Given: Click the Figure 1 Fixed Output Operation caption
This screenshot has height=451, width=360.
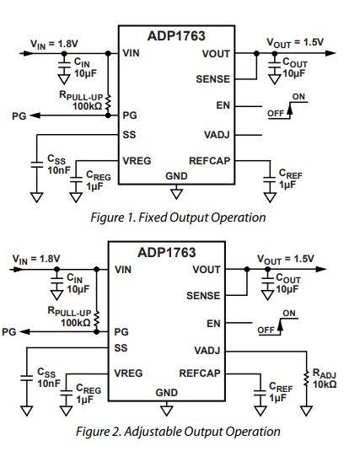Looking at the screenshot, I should click(180, 217).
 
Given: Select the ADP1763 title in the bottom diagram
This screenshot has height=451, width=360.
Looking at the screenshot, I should click(166, 252).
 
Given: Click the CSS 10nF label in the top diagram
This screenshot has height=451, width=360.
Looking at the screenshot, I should click(56, 164).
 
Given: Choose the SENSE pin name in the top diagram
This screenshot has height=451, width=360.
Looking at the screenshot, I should click(212, 78).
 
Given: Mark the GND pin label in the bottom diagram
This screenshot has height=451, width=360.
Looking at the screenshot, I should click(166, 392).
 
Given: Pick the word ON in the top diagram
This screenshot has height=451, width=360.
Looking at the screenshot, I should click(298, 97).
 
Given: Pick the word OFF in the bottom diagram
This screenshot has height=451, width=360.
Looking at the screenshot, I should click(267, 329).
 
